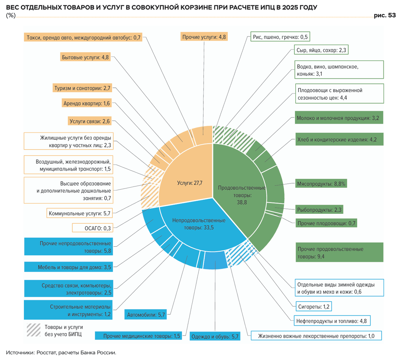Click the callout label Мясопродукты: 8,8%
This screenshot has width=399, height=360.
click(321, 183)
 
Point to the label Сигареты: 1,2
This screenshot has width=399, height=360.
click(314, 306)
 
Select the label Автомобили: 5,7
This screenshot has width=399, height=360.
click(146, 315)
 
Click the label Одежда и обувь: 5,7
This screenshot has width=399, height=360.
click(215, 336)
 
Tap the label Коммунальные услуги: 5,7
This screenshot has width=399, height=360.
click(79, 213)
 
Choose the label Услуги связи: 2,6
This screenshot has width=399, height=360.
click(89, 121)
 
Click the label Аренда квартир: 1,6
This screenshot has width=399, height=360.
click(86, 103)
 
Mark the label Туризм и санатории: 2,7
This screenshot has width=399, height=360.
click(82, 88)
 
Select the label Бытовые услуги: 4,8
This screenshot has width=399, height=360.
click(85, 57)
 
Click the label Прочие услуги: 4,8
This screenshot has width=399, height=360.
click(204, 37)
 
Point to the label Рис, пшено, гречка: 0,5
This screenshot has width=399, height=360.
click(280, 37)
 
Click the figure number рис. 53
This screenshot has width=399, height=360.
click(385, 15)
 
